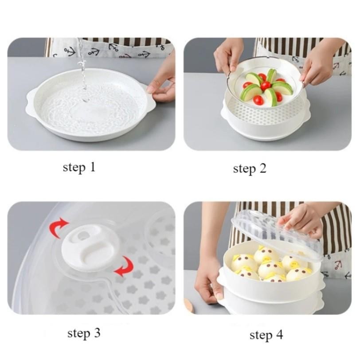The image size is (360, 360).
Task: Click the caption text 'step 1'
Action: [79, 168]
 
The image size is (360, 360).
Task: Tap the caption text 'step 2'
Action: [250, 169]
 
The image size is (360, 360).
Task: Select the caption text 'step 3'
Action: [84, 333]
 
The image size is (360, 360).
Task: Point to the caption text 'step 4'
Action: [266, 335]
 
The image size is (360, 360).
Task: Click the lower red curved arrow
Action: [125, 266]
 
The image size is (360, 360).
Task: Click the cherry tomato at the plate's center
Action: [265, 86]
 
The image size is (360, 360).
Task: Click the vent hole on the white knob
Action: [82, 235]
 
